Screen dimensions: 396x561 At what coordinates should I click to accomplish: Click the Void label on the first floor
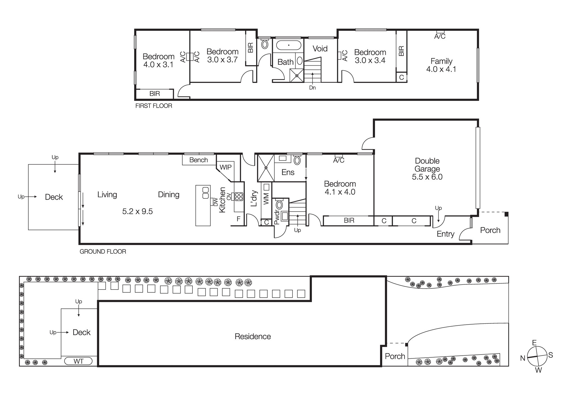coord(320,49)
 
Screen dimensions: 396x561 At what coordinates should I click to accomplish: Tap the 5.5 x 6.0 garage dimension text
coord(427,177)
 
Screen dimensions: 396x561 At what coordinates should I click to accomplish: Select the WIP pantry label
coord(226,167)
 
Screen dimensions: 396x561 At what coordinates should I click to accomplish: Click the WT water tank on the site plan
coord(78,361)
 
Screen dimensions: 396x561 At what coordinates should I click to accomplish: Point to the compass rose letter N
coord(523,358)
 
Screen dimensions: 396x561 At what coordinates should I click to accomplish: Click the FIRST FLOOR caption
coord(154,106)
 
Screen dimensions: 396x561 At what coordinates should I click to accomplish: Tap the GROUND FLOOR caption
coord(103,252)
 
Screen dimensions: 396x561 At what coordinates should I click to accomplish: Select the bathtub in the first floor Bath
coord(289,45)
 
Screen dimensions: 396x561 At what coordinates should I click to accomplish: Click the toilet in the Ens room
coord(297,161)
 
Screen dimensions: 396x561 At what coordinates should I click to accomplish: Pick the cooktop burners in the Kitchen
coord(239,196)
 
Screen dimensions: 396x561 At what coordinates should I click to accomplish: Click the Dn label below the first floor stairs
coord(312,88)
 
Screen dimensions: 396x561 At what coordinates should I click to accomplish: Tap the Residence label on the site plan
coord(252,336)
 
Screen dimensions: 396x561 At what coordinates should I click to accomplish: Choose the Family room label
coord(441,61)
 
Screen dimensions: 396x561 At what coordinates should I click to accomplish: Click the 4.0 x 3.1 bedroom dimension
coord(158,65)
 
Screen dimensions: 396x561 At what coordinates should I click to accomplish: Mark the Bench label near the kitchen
coord(198,160)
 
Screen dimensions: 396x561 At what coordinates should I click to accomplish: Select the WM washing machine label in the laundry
coord(266,198)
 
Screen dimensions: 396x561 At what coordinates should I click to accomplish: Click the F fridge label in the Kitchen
coord(238,219)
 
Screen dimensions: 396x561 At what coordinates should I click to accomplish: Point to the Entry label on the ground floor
coord(445,234)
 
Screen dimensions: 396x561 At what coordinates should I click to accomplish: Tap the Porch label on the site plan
coord(395,356)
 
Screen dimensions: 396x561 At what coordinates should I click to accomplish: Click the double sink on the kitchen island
coord(206,193)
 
